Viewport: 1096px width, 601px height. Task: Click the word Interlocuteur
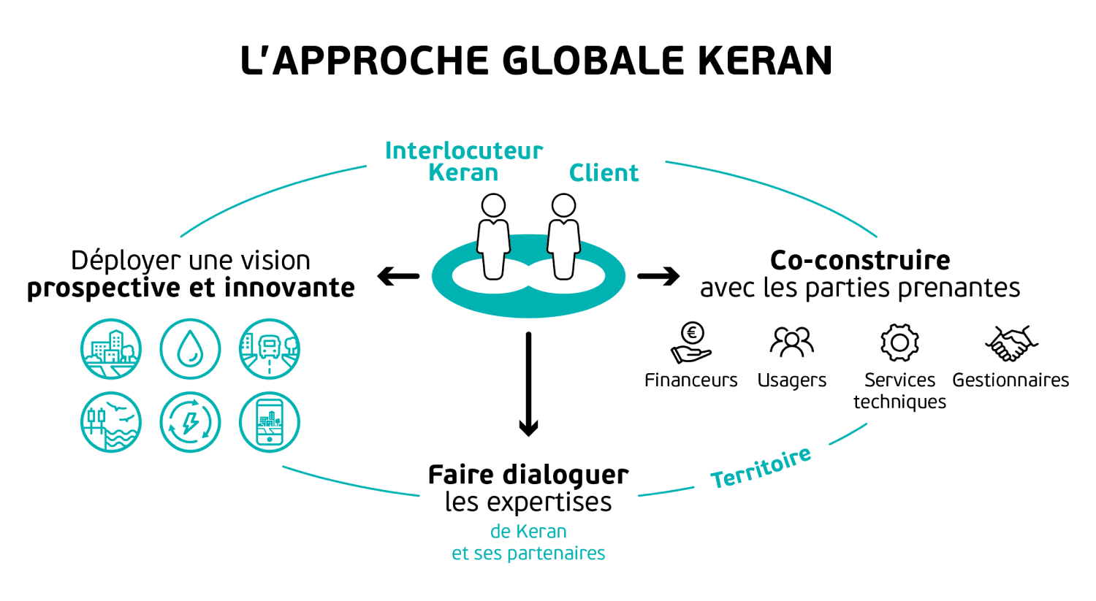click(463, 150)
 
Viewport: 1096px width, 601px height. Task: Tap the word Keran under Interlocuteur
click(463, 173)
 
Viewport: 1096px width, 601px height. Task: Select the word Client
click(604, 173)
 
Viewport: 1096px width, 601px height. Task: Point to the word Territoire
click(761, 468)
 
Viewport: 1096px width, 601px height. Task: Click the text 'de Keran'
click(528, 532)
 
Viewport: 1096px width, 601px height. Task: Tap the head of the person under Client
click(563, 206)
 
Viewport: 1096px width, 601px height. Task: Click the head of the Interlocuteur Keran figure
click(493, 206)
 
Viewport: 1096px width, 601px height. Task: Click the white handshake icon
click(1011, 342)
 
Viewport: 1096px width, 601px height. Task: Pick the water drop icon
click(190, 349)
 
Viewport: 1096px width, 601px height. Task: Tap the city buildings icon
click(111, 349)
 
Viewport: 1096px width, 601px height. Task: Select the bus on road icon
click(270, 349)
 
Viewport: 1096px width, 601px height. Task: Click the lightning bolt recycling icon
click(190, 422)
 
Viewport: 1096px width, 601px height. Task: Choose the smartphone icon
click(270, 422)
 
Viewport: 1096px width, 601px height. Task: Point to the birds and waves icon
click(111, 422)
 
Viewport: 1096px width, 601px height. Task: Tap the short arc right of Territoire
click(848, 434)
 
